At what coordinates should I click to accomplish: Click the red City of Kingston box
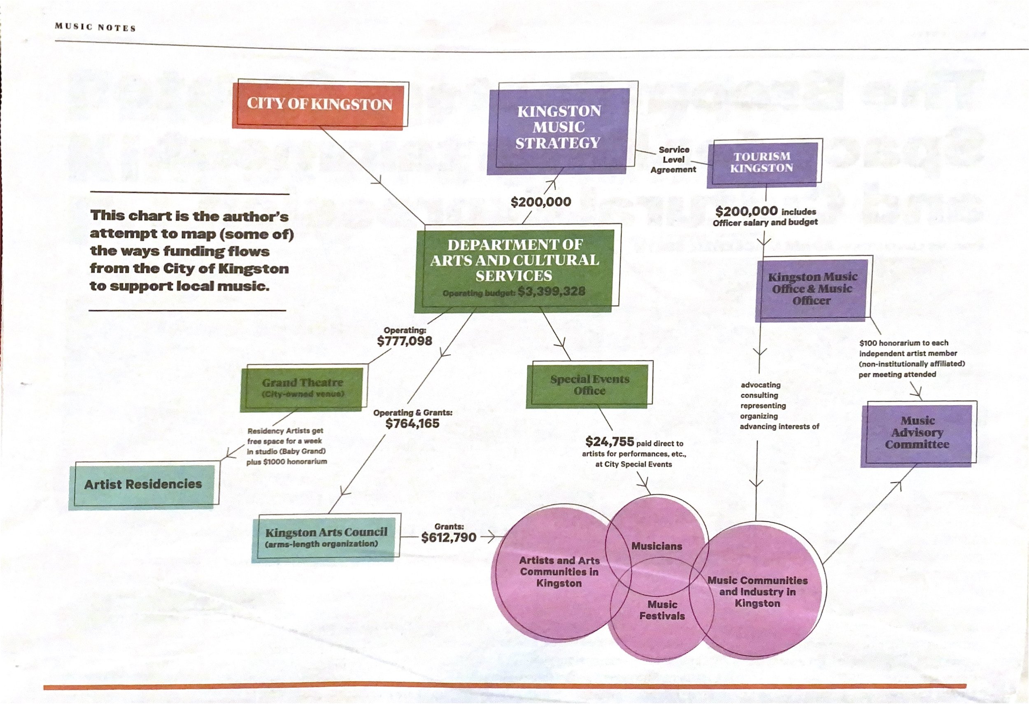click(319, 105)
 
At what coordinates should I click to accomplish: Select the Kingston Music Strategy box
click(558, 128)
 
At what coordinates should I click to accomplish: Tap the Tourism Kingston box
click(761, 163)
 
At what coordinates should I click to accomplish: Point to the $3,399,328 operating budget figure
click(552, 292)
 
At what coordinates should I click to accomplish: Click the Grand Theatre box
click(303, 387)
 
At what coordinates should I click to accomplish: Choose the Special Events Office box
click(589, 385)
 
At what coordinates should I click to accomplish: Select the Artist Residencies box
click(142, 485)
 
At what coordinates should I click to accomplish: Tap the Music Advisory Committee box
click(917, 433)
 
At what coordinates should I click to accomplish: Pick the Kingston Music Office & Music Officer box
click(812, 289)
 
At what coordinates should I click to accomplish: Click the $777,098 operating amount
click(404, 341)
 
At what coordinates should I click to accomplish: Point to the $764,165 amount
click(412, 424)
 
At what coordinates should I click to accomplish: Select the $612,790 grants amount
click(449, 538)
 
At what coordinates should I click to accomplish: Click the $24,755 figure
click(609, 442)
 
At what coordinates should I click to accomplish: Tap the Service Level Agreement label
click(673, 160)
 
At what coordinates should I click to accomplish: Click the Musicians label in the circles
click(657, 546)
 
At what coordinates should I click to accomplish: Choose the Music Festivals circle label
click(662, 610)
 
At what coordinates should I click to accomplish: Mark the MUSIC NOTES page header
click(95, 27)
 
